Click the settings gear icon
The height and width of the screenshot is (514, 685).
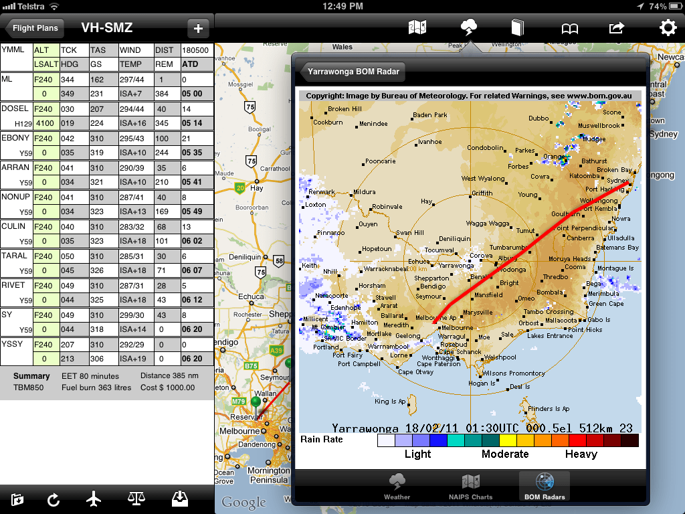coord(668,27)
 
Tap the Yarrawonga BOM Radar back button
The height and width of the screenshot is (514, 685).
coord(353,71)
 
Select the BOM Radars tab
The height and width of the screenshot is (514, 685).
coord(544,487)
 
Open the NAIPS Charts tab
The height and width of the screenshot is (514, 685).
coord(470,487)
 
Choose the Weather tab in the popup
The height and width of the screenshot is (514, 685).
coord(397,487)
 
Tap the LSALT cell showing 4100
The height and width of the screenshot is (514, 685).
coord(45,123)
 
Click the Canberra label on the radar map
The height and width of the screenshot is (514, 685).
coord(580,238)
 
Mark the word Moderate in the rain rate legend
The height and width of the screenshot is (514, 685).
coord(504,454)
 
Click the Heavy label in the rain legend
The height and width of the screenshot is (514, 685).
coord(581,454)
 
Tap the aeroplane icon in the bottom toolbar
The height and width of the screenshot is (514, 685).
coord(94,499)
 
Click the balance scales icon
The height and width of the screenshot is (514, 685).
coord(136,499)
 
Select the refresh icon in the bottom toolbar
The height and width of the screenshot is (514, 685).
coord(53,499)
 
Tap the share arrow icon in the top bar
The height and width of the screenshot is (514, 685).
coord(616,27)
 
